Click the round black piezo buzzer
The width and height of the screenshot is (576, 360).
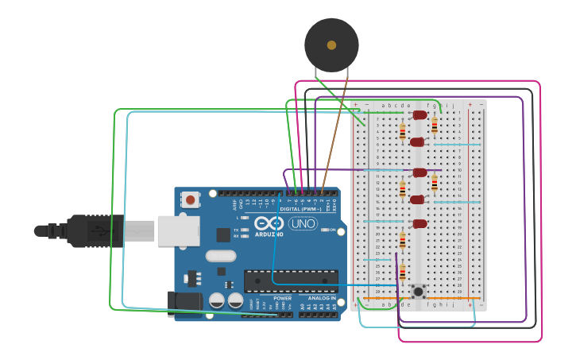331,45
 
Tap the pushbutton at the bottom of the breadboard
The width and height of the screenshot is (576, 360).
418,291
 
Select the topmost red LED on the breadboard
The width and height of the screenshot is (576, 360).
419,115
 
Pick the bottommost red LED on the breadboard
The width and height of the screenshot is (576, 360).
419,224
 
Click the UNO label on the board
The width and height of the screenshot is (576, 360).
302,224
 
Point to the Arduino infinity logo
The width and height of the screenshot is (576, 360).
269,223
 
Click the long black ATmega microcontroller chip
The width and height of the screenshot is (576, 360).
290,281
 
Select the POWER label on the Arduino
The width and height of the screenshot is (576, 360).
282,298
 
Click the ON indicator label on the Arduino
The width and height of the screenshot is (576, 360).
331,230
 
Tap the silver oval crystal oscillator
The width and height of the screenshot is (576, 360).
221,256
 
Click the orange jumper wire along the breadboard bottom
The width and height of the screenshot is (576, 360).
421,299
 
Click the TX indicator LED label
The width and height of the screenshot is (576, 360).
237,230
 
